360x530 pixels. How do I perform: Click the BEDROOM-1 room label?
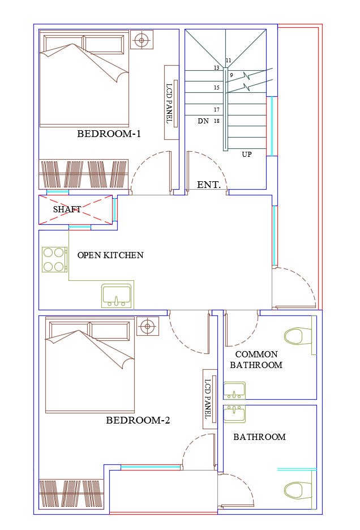pyautogui.click(x=109, y=134)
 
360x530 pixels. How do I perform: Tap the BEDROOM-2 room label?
pyautogui.click(x=138, y=420)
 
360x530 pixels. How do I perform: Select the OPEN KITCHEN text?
pyautogui.click(x=110, y=255)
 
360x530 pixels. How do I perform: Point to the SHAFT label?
pyautogui.click(x=67, y=210)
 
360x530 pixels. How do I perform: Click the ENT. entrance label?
pyautogui.click(x=209, y=185)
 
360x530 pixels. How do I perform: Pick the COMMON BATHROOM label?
pyautogui.click(x=256, y=360)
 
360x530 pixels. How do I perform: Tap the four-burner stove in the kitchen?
pyautogui.click(x=54, y=259)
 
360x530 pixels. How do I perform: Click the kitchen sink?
pyautogui.click(x=117, y=296)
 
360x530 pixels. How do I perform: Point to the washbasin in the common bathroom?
pyautogui.click(x=234, y=391)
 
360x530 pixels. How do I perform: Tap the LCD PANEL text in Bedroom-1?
pyautogui.click(x=169, y=103)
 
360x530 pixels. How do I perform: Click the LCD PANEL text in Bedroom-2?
pyautogui.click(x=208, y=399)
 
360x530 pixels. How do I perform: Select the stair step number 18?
pyautogui.click(x=217, y=121)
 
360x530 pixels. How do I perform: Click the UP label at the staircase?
pyautogui.click(x=247, y=155)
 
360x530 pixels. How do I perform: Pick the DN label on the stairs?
pyautogui.click(x=204, y=121)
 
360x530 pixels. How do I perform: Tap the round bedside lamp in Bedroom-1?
pyautogui.click(x=142, y=40)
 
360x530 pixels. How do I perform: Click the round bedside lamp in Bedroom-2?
pyautogui.click(x=147, y=326)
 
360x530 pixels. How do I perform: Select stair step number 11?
pyautogui.click(x=229, y=61)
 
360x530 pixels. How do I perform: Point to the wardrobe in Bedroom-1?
pyautogui.click(x=84, y=174)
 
